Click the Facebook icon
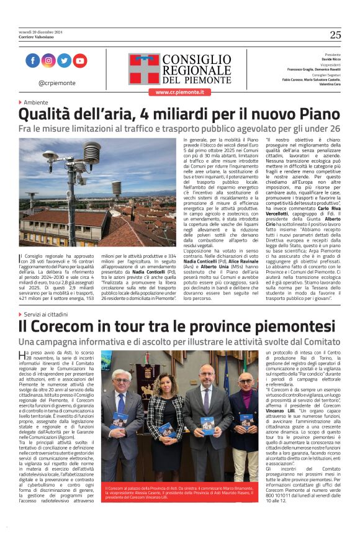[x=33, y=61]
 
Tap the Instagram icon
[x=48, y=61]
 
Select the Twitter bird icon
[x=64, y=61]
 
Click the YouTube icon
[x=80, y=61]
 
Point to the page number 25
[x=335, y=35]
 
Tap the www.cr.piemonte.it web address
[x=180, y=92]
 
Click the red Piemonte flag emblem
[x=144, y=68]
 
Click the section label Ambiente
[x=35, y=102]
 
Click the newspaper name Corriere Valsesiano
[x=37, y=36]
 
